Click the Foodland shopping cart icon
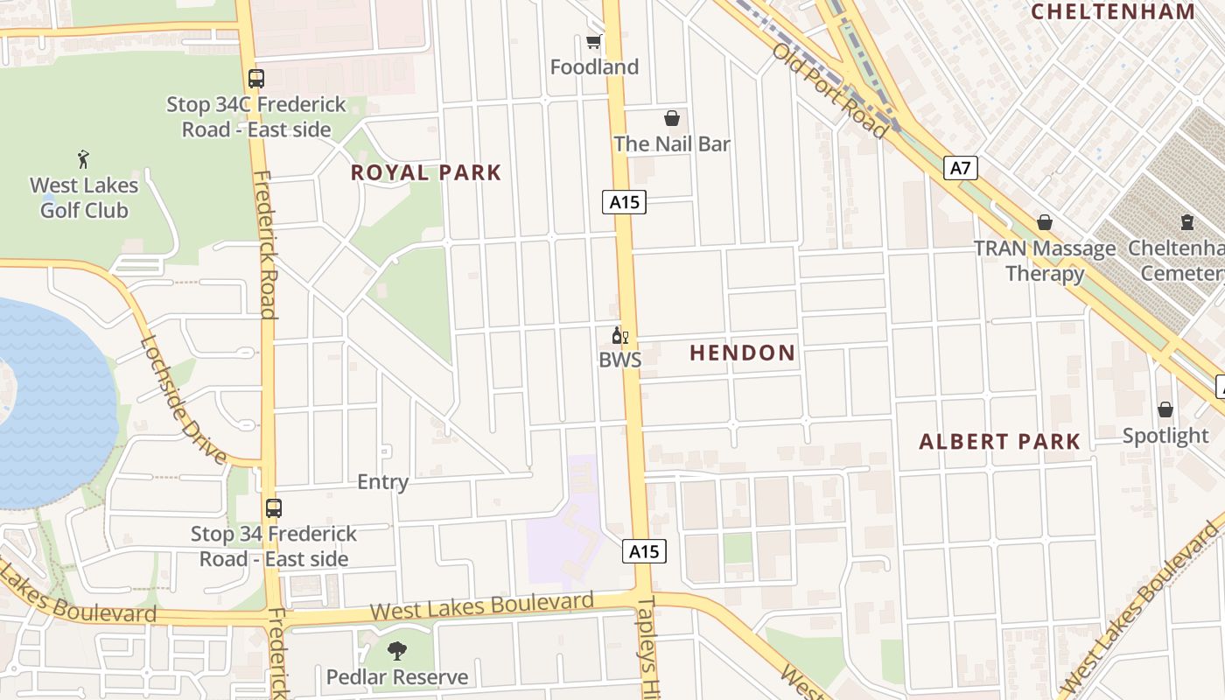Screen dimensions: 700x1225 [x=594, y=41]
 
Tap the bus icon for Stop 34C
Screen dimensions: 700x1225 [x=255, y=79]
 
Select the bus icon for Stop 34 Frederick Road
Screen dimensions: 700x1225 [x=274, y=507]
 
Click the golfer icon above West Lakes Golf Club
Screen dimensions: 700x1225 [x=83, y=159]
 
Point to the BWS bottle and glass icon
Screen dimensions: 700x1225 [x=619, y=335]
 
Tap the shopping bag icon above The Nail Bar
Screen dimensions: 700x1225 [x=672, y=118]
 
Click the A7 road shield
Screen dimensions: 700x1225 [x=960, y=167]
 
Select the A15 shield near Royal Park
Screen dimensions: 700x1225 [x=624, y=202]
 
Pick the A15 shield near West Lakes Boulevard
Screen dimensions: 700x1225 [x=645, y=551]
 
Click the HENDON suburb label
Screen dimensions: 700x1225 [x=743, y=353]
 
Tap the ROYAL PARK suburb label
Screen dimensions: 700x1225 [x=426, y=172]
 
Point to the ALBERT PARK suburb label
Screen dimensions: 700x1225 [x=999, y=442]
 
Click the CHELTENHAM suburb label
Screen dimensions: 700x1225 [x=1113, y=11]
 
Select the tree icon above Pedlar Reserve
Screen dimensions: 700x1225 [x=397, y=650]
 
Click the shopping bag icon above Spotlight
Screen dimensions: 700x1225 [x=1165, y=409]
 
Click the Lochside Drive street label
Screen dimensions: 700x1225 [x=183, y=399]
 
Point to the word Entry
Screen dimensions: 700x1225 [x=382, y=482]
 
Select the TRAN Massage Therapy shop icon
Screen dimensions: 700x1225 [x=1044, y=223]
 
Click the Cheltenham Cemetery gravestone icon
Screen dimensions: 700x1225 [x=1186, y=222]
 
